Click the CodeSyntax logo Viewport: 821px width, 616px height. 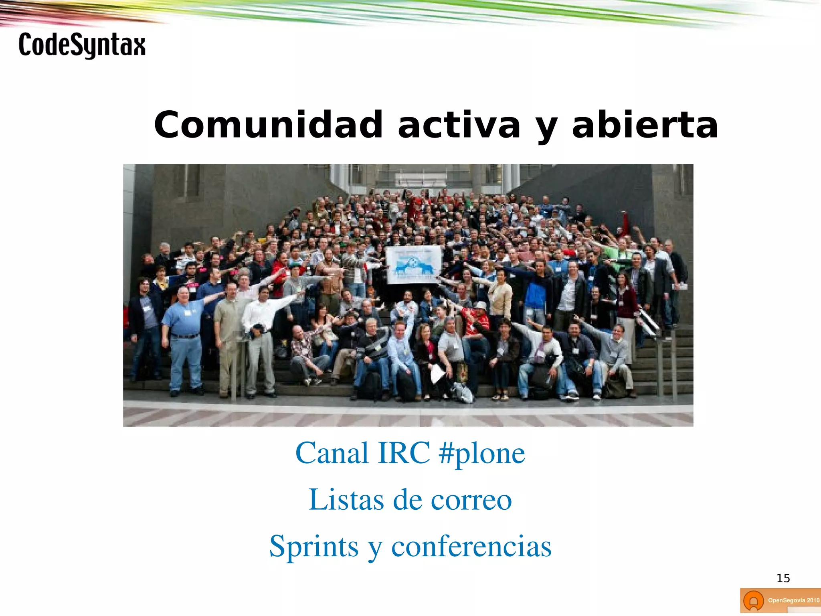(82, 45)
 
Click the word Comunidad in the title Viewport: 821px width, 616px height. (268, 125)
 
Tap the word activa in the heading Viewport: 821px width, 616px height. (459, 125)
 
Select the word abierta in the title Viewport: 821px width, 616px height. (645, 125)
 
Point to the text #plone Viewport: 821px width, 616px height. (481, 454)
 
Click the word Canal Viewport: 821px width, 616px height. (332, 453)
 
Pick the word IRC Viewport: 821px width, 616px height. (404, 453)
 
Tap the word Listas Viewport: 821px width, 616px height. (346, 500)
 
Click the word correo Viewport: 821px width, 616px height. (471, 500)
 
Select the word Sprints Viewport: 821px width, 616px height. (313, 546)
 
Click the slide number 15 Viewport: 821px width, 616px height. (783, 578)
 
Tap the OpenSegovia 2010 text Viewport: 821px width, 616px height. (793, 600)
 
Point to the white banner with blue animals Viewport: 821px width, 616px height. (413, 265)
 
